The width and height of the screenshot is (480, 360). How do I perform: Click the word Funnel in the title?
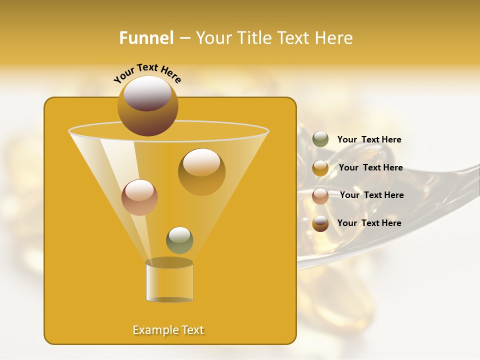[146, 38]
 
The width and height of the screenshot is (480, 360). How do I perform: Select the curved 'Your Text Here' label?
[147, 73]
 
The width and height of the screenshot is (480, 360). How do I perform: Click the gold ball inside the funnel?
[201, 172]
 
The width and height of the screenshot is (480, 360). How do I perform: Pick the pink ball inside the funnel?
[139, 197]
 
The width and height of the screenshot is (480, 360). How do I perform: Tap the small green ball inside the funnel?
[179, 240]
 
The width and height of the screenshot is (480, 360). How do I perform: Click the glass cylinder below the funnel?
[169, 282]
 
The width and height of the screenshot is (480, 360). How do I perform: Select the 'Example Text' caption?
[168, 330]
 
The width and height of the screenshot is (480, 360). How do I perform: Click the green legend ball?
[320, 139]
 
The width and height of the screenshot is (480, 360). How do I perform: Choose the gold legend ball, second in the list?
[320, 168]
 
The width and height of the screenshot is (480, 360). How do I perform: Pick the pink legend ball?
[320, 196]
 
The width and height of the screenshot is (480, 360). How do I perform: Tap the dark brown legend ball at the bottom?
[320, 223]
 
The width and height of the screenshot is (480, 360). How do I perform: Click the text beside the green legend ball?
[369, 139]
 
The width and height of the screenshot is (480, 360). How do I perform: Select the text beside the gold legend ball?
[370, 167]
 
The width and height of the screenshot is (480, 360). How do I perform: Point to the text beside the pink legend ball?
[371, 195]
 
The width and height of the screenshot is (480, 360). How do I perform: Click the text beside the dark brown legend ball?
[369, 223]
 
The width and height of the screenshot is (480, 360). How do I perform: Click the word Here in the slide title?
[335, 38]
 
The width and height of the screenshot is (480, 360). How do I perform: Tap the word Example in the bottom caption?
[152, 330]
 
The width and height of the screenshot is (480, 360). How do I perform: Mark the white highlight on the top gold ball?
[147, 93]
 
